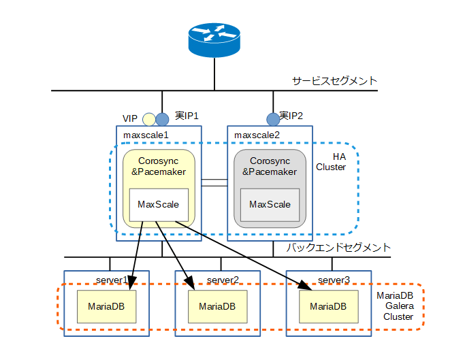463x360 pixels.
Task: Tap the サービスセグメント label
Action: [334, 81]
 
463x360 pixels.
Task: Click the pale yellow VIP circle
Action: [148, 120]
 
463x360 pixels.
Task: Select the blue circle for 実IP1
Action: [162, 119]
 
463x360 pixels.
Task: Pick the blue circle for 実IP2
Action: [272, 119]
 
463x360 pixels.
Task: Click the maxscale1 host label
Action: [146, 135]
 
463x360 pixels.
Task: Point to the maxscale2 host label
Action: [257, 135]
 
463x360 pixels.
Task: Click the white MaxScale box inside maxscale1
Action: [158, 204]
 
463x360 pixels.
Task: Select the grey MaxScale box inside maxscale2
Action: [270, 204]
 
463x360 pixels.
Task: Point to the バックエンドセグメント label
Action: [338, 248]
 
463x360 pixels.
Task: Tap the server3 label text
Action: [334, 280]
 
